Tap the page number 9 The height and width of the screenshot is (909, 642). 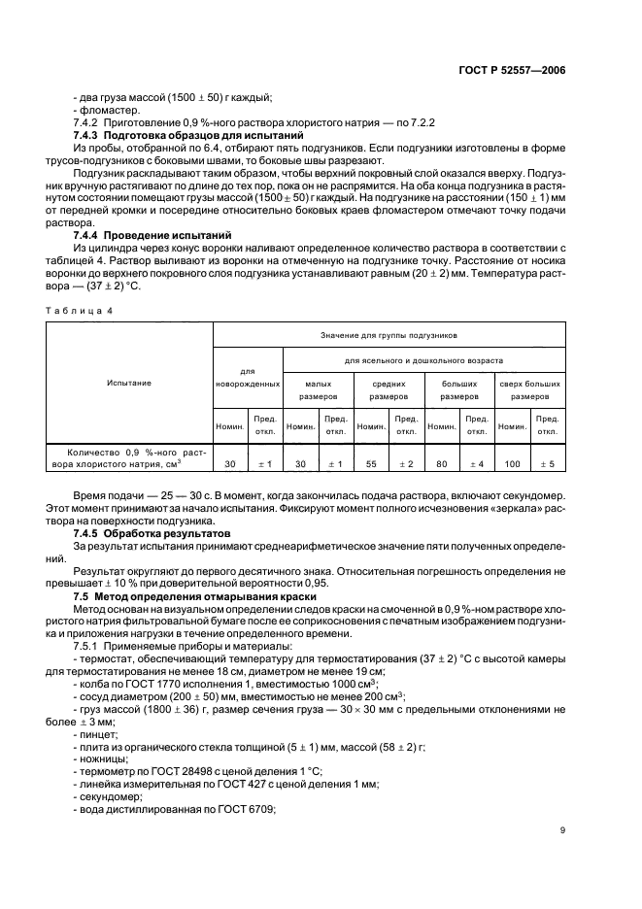coord(562,828)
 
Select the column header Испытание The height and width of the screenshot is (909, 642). coord(129,383)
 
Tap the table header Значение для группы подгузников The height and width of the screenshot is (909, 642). coord(389,335)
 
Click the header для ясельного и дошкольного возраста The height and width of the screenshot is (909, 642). coord(422,360)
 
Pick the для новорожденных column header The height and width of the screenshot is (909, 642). coord(247,377)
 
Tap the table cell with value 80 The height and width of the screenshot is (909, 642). coord(442,463)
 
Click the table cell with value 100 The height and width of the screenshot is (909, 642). coord(512,463)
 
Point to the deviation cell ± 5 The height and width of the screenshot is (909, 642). coord(546,463)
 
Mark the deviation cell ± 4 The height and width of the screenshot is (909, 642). coord(476,463)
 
